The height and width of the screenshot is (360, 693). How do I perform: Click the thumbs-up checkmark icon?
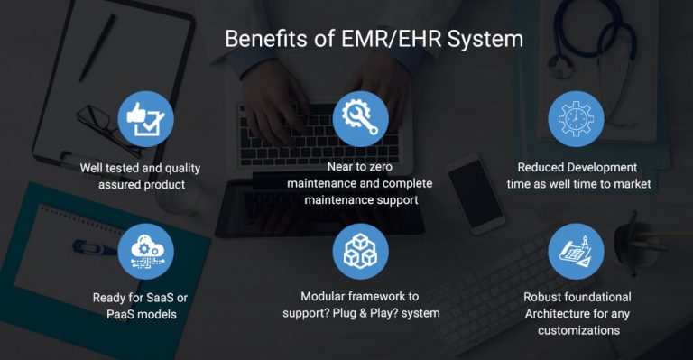[145, 118]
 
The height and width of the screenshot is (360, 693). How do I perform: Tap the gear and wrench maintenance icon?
[360, 118]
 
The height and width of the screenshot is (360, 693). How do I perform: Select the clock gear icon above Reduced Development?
[577, 118]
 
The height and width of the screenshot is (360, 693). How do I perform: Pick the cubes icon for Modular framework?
[360, 250]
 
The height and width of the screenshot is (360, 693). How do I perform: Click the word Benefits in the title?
[263, 40]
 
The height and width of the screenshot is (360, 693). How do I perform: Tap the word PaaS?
[123, 313]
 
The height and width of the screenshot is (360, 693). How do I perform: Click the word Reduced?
[543, 167]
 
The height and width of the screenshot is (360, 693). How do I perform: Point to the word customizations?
[577, 330]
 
